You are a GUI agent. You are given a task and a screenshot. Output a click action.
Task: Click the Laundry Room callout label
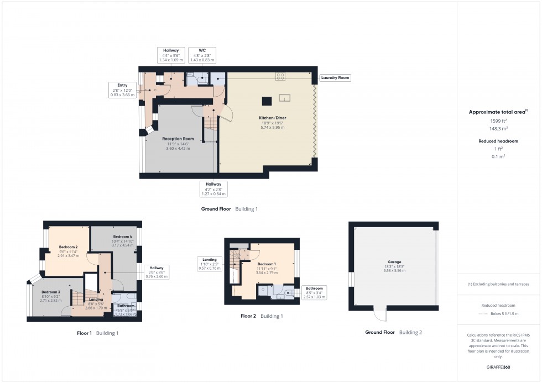click(336, 78)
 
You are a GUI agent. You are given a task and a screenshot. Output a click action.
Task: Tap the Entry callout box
click(122, 90)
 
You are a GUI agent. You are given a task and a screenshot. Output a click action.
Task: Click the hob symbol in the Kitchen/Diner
click(280, 77)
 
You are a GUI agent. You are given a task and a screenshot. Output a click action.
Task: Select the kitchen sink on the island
click(285, 98)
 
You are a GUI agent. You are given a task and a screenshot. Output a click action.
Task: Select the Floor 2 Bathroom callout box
click(314, 292)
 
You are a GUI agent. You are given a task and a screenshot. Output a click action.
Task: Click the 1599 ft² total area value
click(498, 120)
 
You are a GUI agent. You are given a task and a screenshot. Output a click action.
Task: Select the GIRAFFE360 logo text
click(498, 366)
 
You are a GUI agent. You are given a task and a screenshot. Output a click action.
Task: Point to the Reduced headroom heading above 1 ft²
click(498, 141)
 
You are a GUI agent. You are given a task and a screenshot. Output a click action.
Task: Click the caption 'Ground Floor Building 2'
click(393, 333)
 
